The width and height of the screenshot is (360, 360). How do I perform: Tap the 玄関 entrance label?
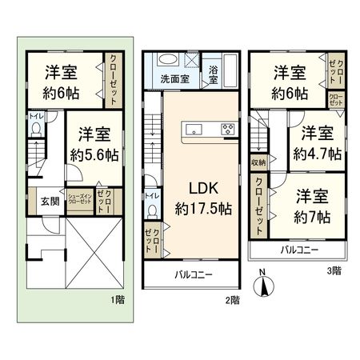tap(38, 201)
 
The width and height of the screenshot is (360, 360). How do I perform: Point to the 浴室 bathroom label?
tap(215, 70)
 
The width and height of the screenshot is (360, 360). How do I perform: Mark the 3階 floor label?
tap(335, 270)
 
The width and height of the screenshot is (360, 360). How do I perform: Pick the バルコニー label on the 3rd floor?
tap(299, 250)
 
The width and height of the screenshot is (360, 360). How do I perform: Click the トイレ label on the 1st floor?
tap(37, 115)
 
